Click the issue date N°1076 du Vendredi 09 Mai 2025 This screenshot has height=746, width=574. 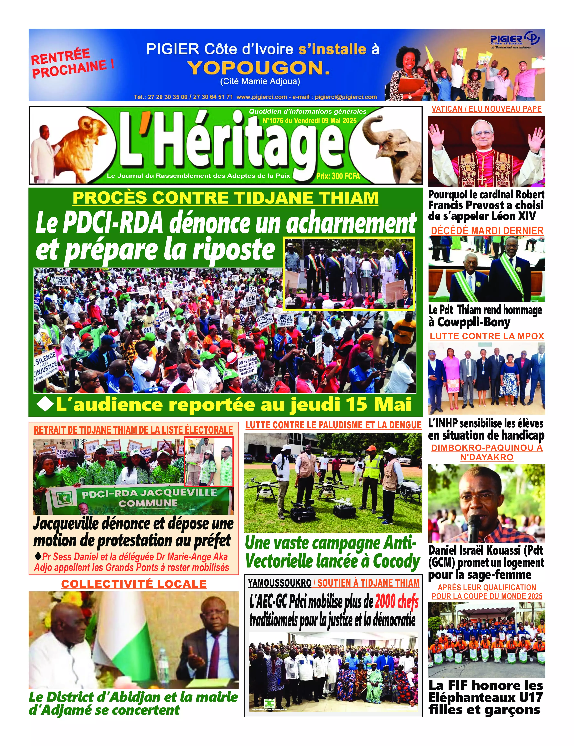[x=309, y=121]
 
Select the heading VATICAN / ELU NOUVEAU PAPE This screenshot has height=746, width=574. [x=486, y=109]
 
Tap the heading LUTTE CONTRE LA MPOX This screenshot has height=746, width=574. [x=487, y=336]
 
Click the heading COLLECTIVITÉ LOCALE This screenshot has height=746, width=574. [x=134, y=584]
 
